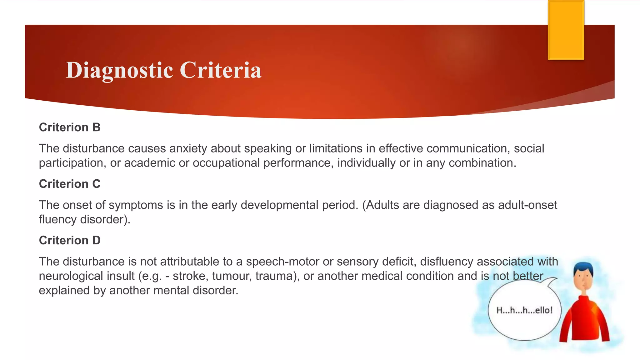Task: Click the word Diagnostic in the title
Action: click(x=119, y=70)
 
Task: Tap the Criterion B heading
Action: click(x=70, y=127)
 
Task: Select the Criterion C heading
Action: click(x=70, y=184)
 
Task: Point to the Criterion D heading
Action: click(x=70, y=241)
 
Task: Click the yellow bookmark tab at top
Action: click(x=566, y=30)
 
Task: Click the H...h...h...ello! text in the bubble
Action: click(x=524, y=310)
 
